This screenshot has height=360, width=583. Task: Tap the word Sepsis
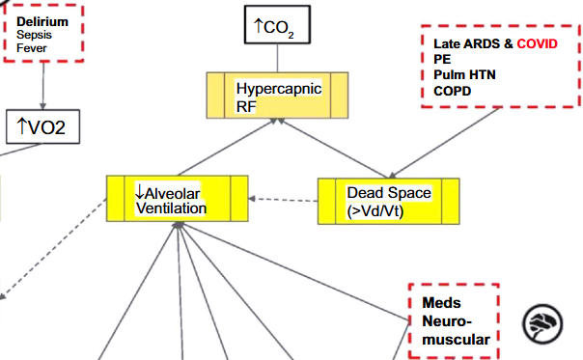click(x=36, y=35)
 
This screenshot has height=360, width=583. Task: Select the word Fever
click(x=32, y=48)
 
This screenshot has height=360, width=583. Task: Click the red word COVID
click(x=538, y=44)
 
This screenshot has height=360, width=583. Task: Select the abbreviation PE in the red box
click(x=442, y=59)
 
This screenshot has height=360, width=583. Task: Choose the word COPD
click(x=454, y=90)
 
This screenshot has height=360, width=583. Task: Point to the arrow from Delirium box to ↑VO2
click(x=42, y=86)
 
